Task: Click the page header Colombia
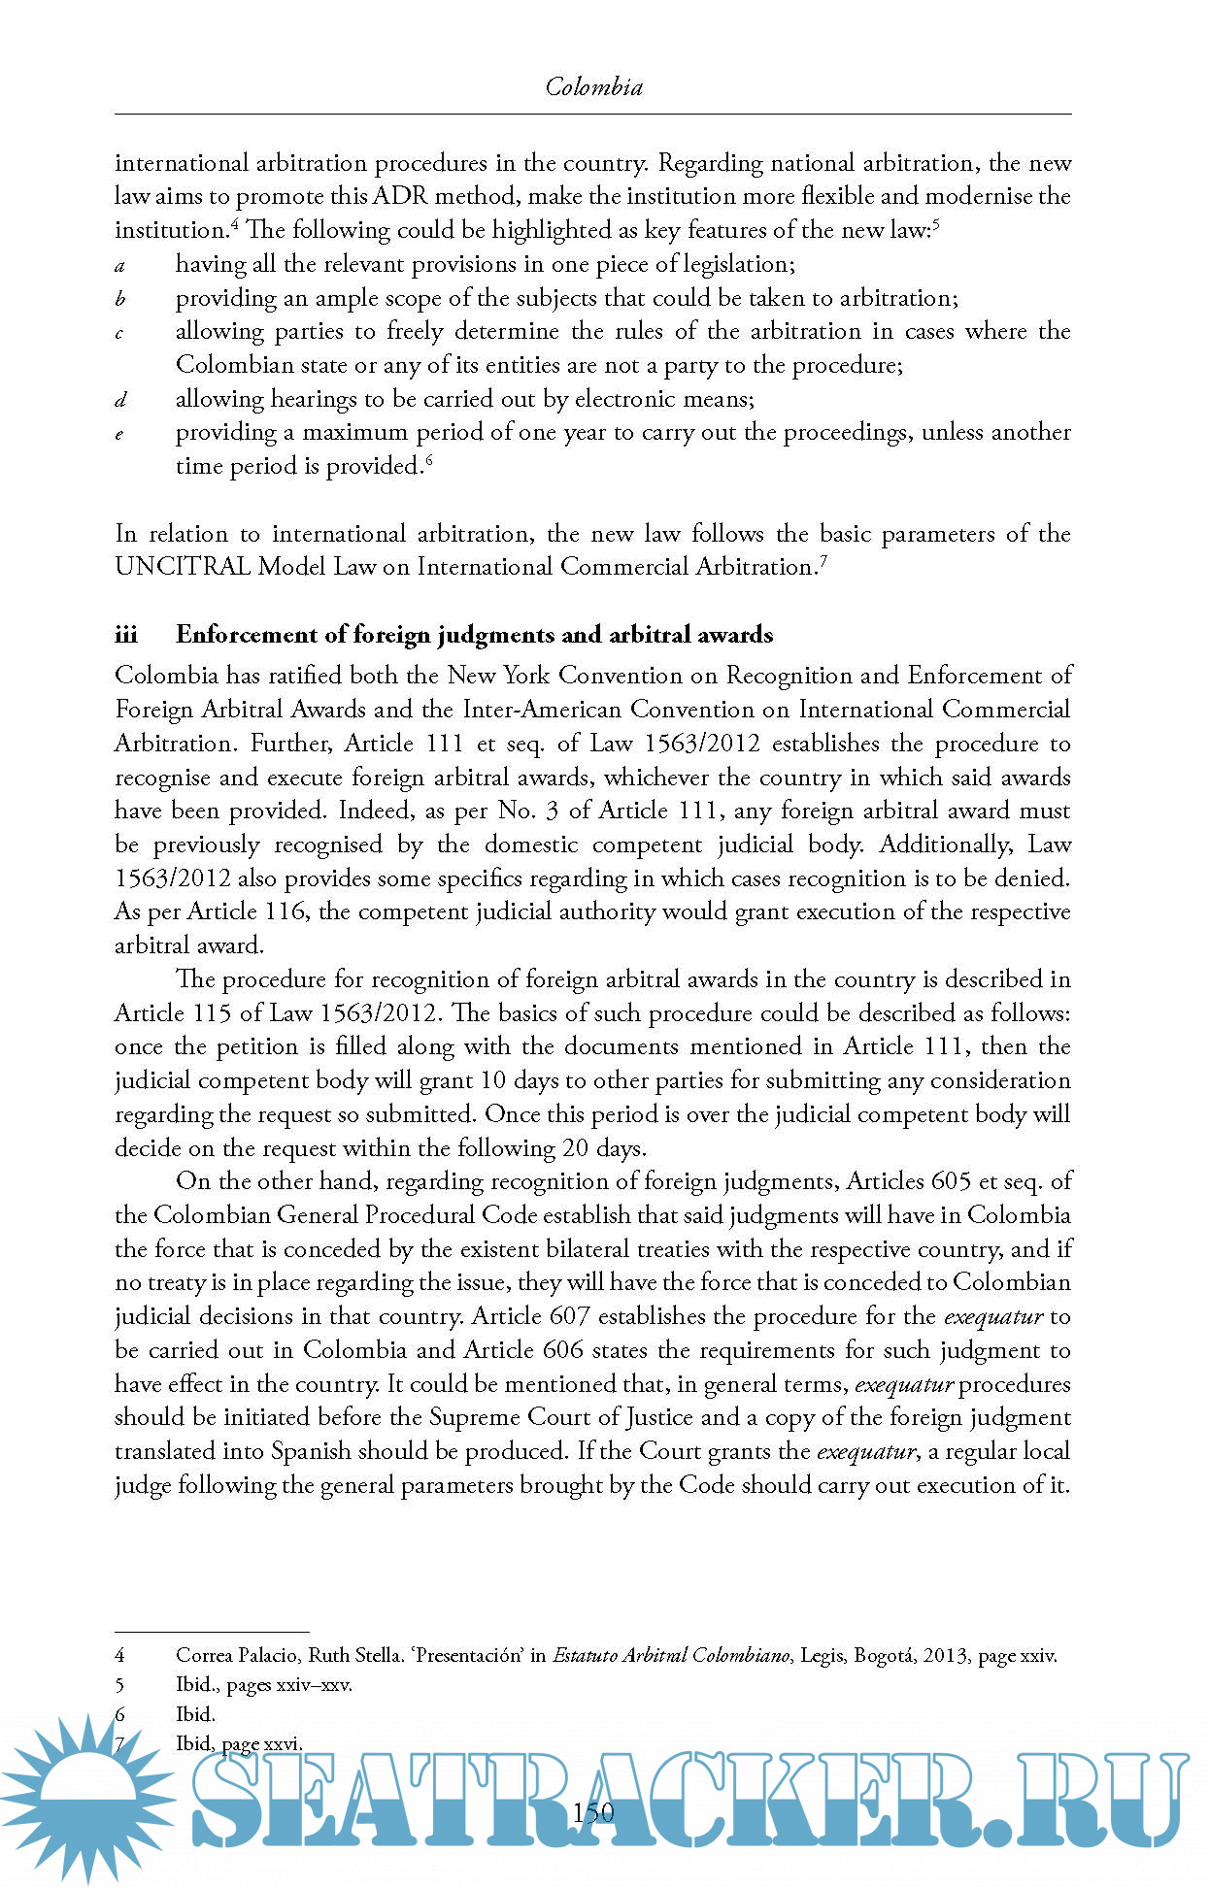click(x=593, y=87)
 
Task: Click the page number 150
click(x=593, y=1812)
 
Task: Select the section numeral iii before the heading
click(x=126, y=635)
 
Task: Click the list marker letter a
click(x=119, y=265)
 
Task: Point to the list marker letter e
click(x=119, y=434)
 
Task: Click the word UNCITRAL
click(x=183, y=567)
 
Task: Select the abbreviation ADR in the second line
click(x=398, y=196)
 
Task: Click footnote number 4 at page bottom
click(x=119, y=1656)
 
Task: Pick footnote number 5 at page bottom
click(x=119, y=1685)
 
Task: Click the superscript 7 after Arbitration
click(x=823, y=560)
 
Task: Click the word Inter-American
click(x=537, y=710)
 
